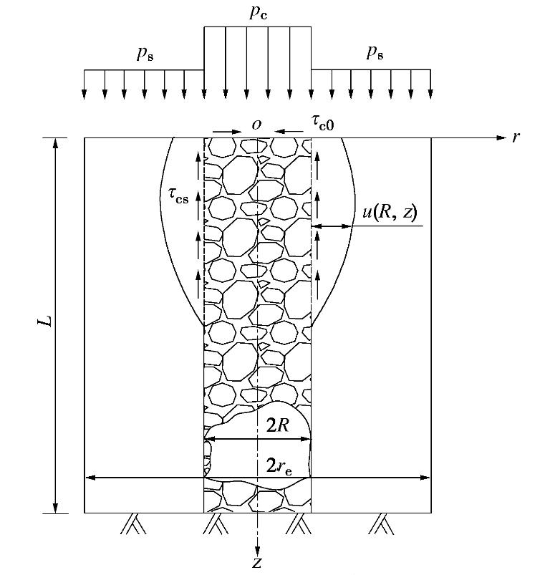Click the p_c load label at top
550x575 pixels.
tap(258, 13)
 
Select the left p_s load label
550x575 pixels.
tap(145, 54)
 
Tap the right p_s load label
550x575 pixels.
tap(375, 53)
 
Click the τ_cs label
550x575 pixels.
tap(178, 195)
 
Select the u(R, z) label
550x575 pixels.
tap(390, 213)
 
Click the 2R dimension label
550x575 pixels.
tap(278, 426)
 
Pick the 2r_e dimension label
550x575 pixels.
tap(279, 466)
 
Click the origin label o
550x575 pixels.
tap(256, 125)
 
